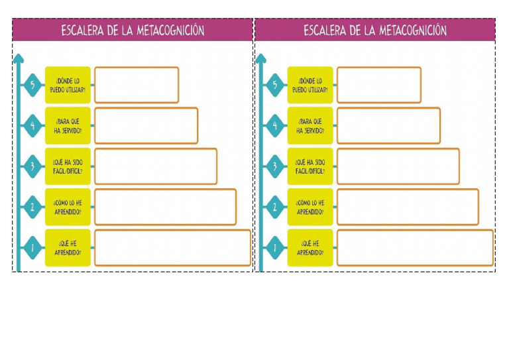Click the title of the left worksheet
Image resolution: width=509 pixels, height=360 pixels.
[133, 30]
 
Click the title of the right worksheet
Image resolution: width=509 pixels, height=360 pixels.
[375, 30]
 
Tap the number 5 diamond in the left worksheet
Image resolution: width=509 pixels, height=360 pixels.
[32, 85]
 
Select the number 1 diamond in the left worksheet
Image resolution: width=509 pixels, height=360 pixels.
[32, 248]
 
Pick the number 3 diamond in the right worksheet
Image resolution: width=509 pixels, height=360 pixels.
[275, 166]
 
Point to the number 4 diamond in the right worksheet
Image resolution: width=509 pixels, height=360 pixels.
[275, 125]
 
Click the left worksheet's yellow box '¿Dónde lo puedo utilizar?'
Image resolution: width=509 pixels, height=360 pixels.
[68, 85]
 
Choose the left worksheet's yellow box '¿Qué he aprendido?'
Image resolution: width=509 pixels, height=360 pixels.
[68, 248]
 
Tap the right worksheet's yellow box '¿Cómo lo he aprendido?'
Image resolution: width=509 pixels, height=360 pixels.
[310, 207]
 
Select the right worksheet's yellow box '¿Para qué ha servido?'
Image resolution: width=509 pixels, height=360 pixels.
[310, 125]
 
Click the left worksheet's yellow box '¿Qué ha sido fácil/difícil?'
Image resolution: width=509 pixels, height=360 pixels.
[68, 166]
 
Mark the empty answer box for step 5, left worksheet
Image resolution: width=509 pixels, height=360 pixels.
[137, 85]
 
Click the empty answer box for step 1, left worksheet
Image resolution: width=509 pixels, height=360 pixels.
[172, 248]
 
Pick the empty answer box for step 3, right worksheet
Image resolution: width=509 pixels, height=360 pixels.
[398, 166]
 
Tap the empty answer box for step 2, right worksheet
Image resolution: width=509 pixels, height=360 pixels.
[408, 207]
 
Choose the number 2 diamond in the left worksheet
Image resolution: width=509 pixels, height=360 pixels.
[32, 207]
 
